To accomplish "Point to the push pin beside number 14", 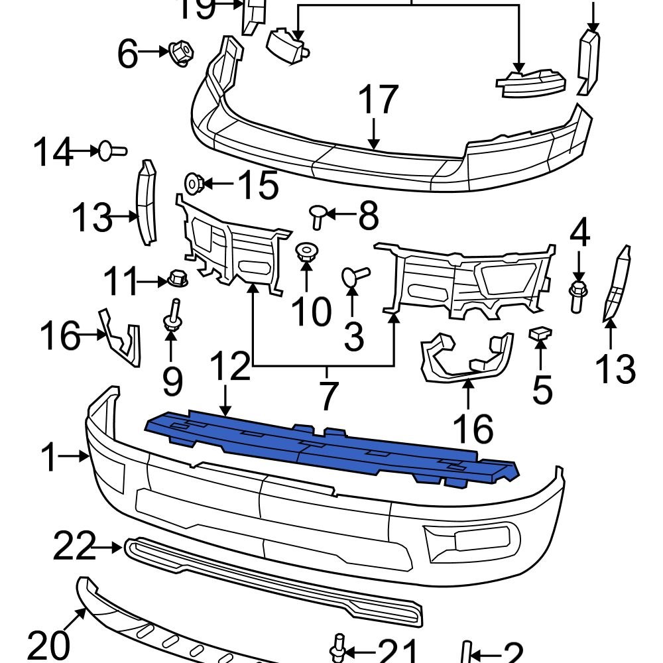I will click(x=111, y=152).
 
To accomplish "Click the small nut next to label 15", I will click(x=194, y=182).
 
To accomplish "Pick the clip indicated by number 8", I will click(x=318, y=215).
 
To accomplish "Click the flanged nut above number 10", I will click(x=306, y=253).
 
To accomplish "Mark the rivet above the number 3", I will click(x=353, y=276).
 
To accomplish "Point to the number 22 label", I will click(x=74, y=547).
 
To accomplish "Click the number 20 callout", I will click(x=48, y=644).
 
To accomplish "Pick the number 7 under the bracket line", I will click(x=328, y=396).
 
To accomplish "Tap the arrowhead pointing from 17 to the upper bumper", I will click(x=375, y=145).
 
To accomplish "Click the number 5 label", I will click(x=542, y=390).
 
